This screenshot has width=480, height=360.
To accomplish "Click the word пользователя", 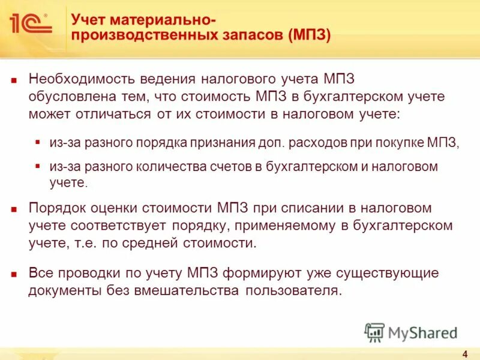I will pos(295,291).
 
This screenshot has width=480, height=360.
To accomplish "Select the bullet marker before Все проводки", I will pos(15,274).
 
